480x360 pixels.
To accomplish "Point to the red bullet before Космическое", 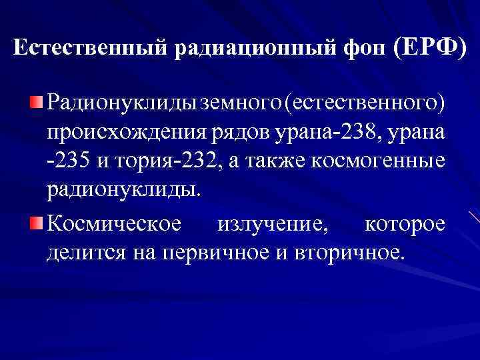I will coord(37,221).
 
